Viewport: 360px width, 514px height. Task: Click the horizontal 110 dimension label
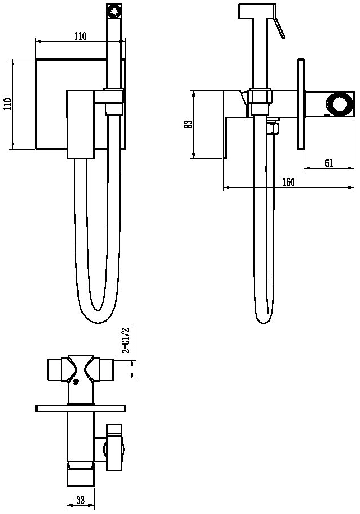(80, 36)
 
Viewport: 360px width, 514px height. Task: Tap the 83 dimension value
(188, 124)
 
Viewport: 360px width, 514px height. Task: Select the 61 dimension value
(329, 163)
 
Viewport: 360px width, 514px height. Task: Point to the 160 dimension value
(288, 182)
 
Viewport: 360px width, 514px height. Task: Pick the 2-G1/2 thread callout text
(126, 340)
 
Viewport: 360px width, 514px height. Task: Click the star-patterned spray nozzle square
(114, 12)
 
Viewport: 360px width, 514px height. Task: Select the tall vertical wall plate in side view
(301, 104)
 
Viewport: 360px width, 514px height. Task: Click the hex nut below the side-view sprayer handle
(260, 97)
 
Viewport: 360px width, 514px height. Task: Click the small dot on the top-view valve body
(76, 381)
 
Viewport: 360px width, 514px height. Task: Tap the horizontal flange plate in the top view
(80, 409)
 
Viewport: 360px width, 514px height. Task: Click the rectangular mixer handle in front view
(81, 124)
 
